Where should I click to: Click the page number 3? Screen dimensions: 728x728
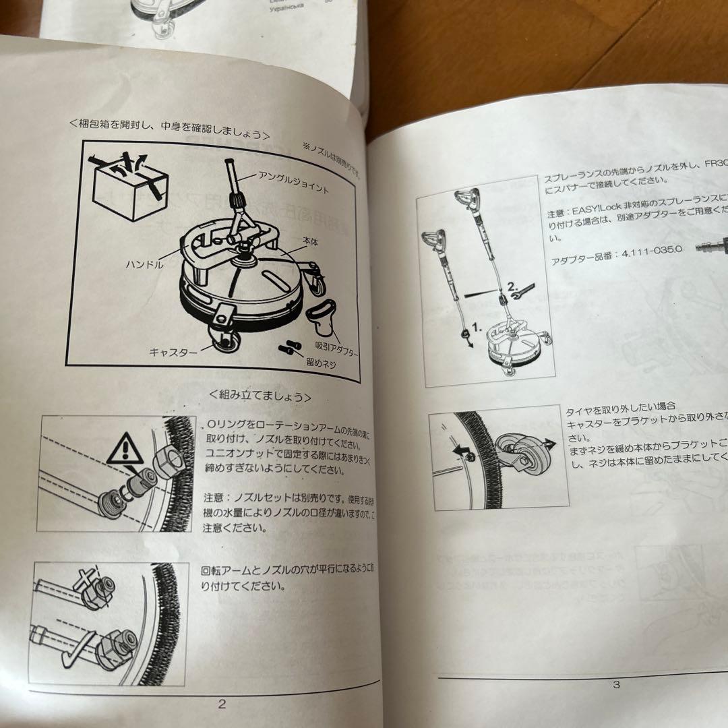(615, 685)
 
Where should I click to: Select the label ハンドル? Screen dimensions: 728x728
(144, 265)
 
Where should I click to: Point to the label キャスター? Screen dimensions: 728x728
(173, 352)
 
